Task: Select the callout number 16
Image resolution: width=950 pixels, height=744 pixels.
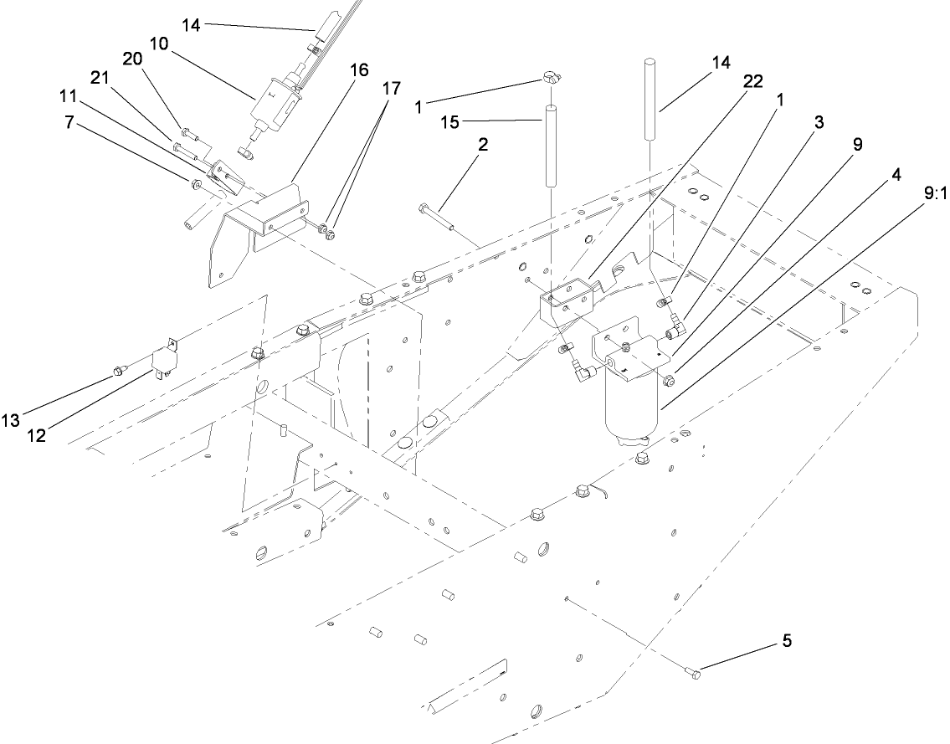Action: tap(359, 70)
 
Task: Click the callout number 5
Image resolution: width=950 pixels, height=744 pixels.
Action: tap(786, 641)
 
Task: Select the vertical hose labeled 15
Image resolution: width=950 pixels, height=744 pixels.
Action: tap(552, 146)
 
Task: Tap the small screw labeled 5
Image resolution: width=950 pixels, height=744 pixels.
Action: tap(692, 671)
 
